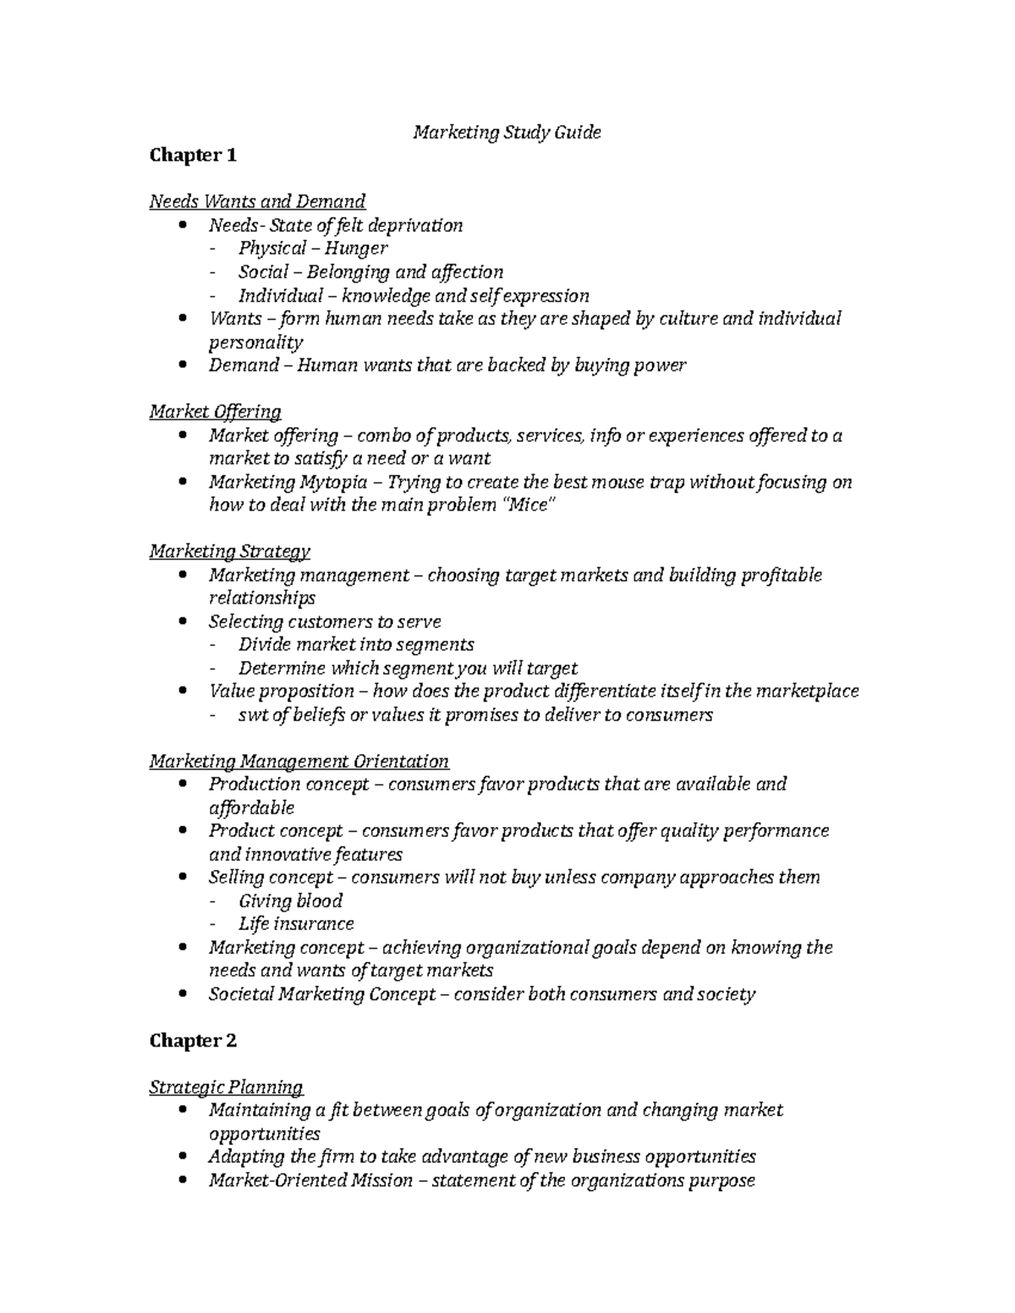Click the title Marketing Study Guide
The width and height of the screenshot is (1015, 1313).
click(x=507, y=132)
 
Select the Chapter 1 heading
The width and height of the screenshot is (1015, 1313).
click(x=193, y=156)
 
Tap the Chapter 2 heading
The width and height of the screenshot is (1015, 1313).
click(x=193, y=1041)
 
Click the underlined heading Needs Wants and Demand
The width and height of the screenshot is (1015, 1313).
click(x=257, y=201)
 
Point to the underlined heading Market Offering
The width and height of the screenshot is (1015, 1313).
click(x=215, y=412)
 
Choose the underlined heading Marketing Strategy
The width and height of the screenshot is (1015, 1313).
click(x=229, y=551)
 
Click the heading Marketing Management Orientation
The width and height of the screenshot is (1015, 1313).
click(x=299, y=761)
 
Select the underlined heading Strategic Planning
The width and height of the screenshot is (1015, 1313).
click(x=226, y=1087)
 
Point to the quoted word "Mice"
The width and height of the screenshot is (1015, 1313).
click(x=530, y=506)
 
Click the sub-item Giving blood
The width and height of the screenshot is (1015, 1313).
click(x=290, y=900)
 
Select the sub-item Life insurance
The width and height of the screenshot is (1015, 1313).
click(x=296, y=924)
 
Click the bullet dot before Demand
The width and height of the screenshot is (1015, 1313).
click(x=184, y=365)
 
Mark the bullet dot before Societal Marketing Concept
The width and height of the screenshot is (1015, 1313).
click(x=184, y=994)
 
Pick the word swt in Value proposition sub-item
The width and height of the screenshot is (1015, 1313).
click(x=253, y=715)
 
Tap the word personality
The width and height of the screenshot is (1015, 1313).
click(x=255, y=342)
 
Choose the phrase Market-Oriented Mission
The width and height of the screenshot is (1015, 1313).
click(x=310, y=1180)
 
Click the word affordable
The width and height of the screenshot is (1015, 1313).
click(x=251, y=807)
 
